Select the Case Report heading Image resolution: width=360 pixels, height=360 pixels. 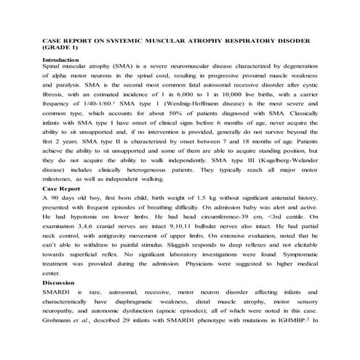pos(60,188)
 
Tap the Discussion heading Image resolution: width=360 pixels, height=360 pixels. pos(58,282)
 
